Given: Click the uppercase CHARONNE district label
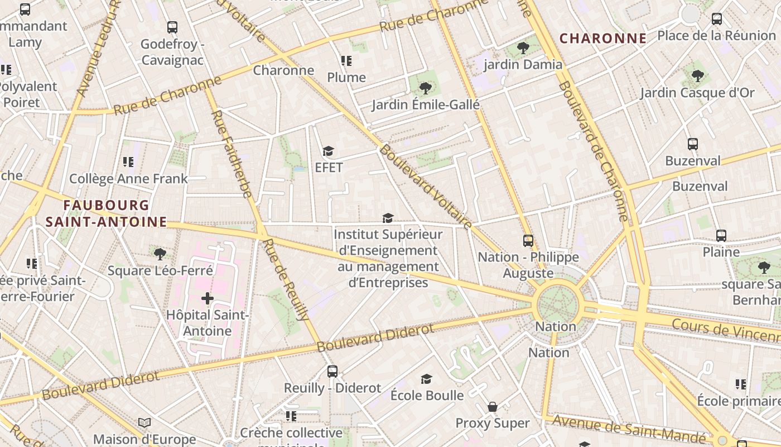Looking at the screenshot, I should (x=603, y=39).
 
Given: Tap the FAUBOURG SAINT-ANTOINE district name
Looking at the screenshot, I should (x=106, y=213).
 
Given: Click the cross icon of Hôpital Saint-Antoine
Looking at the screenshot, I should (x=208, y=298).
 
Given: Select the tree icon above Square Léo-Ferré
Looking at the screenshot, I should (x=160, y=254).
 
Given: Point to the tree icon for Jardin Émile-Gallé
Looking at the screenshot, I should (x=425, y=88).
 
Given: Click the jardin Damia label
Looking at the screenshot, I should (x=523, y=64).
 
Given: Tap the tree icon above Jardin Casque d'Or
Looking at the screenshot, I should (x=697, y=75).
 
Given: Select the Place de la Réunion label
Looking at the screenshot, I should (x=716, y=35).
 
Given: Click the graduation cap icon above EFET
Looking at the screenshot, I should (x=329, y=151).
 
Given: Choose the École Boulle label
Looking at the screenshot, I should (x=427, y=395).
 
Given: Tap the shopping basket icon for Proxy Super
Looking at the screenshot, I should (x=493, y=407).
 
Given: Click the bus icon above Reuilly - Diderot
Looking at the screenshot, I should (x=332, y=371).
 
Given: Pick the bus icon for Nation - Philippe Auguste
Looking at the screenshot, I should (x=528, y=241).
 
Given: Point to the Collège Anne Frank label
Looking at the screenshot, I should (x=128, y=179).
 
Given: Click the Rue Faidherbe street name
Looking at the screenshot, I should (x=232, y=154).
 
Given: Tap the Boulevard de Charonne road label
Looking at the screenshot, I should (x=594, y=151).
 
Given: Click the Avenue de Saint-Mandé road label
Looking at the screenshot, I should (x=628, y=430).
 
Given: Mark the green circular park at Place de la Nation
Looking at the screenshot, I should (x=558, y=305).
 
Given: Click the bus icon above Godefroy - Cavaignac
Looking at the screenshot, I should (x=172, y=27).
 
